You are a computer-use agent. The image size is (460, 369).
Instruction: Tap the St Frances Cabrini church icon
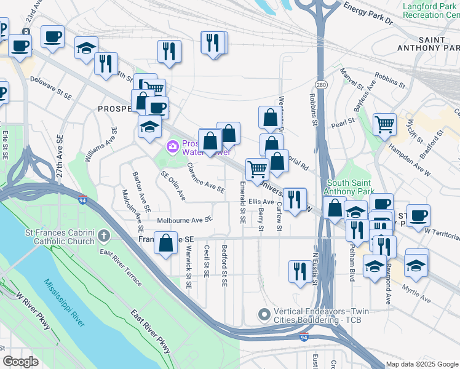click(x=105, y=235)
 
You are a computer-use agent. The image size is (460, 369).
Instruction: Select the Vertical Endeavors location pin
click(x=264, y=314)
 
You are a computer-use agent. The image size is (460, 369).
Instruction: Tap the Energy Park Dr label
click(x=368, y=13)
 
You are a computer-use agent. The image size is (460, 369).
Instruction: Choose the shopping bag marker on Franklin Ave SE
click(x=166, y=242)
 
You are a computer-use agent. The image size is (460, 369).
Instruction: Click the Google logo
click(x=20, y=362)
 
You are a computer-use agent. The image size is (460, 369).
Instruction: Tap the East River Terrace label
click(x=121, y=269)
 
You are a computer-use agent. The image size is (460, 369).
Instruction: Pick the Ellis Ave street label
click(x=261, y=201)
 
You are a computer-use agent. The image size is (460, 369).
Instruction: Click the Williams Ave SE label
click(x=101, y=145)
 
